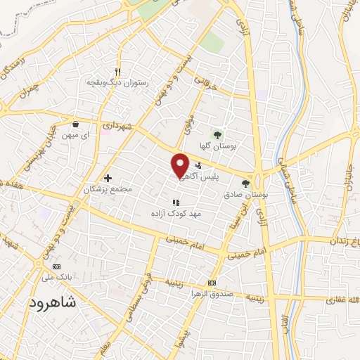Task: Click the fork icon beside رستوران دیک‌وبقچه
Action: click(x=117, y=72)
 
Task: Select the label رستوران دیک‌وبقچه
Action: click(x=116, y=82)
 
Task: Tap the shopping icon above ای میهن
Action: click(x=75, y=124)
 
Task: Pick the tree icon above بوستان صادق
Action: click(x=245, y=184)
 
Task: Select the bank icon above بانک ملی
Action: click(x=57, y=266)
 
